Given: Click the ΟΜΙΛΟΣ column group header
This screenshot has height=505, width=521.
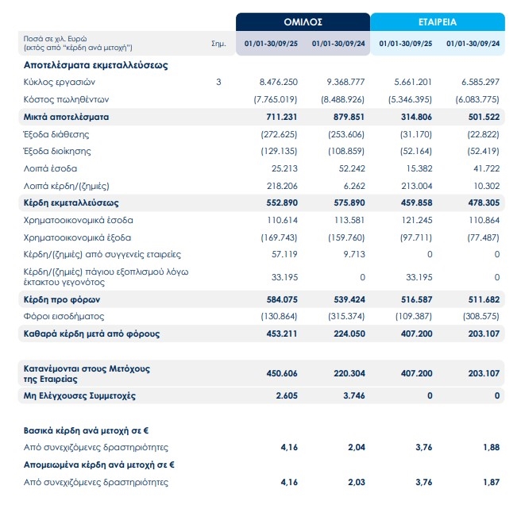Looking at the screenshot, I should click(x=303, y=21).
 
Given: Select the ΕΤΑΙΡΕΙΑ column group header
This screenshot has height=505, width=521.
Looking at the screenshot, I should click(x=438, y=21).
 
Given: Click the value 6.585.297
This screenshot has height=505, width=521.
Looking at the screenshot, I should click(x=480, y=82).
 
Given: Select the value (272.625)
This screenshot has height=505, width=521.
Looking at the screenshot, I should click(x=280, y=134).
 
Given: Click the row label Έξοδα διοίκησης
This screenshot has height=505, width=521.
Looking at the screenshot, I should click(x=56, y=151).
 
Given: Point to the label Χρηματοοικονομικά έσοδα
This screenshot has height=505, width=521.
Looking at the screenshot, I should click(x=78, y=219).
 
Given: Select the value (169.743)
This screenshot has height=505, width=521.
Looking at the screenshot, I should click(x=280, y=237).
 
